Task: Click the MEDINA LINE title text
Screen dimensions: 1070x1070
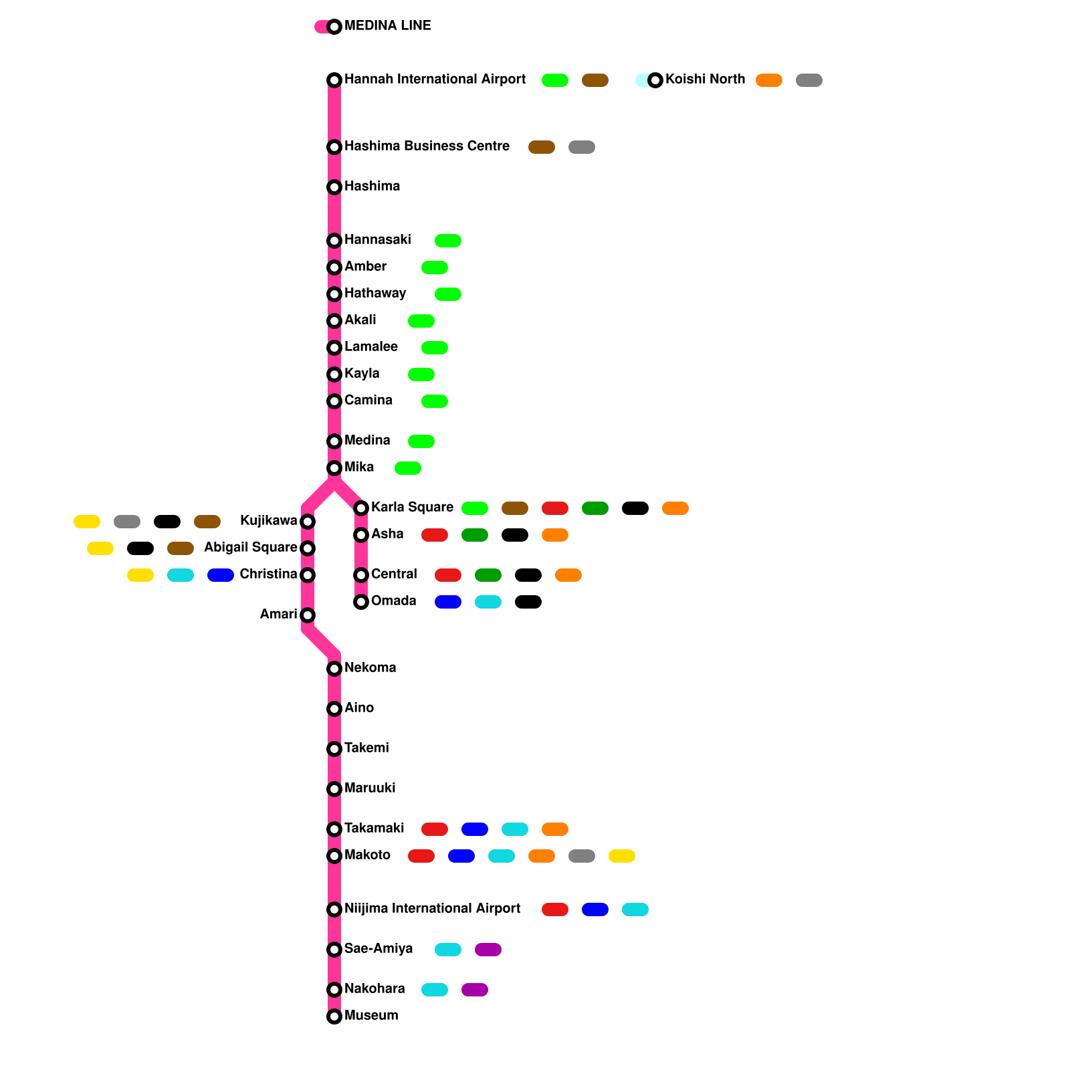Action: (387, 26)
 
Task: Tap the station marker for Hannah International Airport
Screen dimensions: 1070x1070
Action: (334, 80)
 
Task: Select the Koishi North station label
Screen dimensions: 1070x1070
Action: (705, 80)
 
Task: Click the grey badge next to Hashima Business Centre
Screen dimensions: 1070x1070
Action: (582, 147)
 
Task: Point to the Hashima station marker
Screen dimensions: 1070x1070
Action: (334, 187)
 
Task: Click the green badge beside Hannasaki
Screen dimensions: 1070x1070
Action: (448, 241)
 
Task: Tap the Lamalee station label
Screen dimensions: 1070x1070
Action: (371, 347)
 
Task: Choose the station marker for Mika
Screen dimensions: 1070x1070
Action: (334, 468)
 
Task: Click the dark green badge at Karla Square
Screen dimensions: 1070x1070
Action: (595, 508)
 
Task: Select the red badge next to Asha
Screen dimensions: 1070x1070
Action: (435, 535)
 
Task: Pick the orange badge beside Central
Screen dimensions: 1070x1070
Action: (568, 575)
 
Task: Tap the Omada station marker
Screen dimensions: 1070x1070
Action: (361, 602)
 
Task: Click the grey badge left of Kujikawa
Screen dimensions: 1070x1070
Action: (127, 522)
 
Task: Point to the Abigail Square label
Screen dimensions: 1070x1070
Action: (251, 548)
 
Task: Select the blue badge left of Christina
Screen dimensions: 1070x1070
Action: (221, 575)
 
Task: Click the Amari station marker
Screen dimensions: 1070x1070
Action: (308, 615)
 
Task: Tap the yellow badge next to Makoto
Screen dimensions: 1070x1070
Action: (622, 856)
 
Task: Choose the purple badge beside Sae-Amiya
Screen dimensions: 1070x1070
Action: (488, 950)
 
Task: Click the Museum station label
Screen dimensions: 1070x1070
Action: (371, 1016)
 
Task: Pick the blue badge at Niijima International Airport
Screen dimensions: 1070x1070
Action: (595, 909)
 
